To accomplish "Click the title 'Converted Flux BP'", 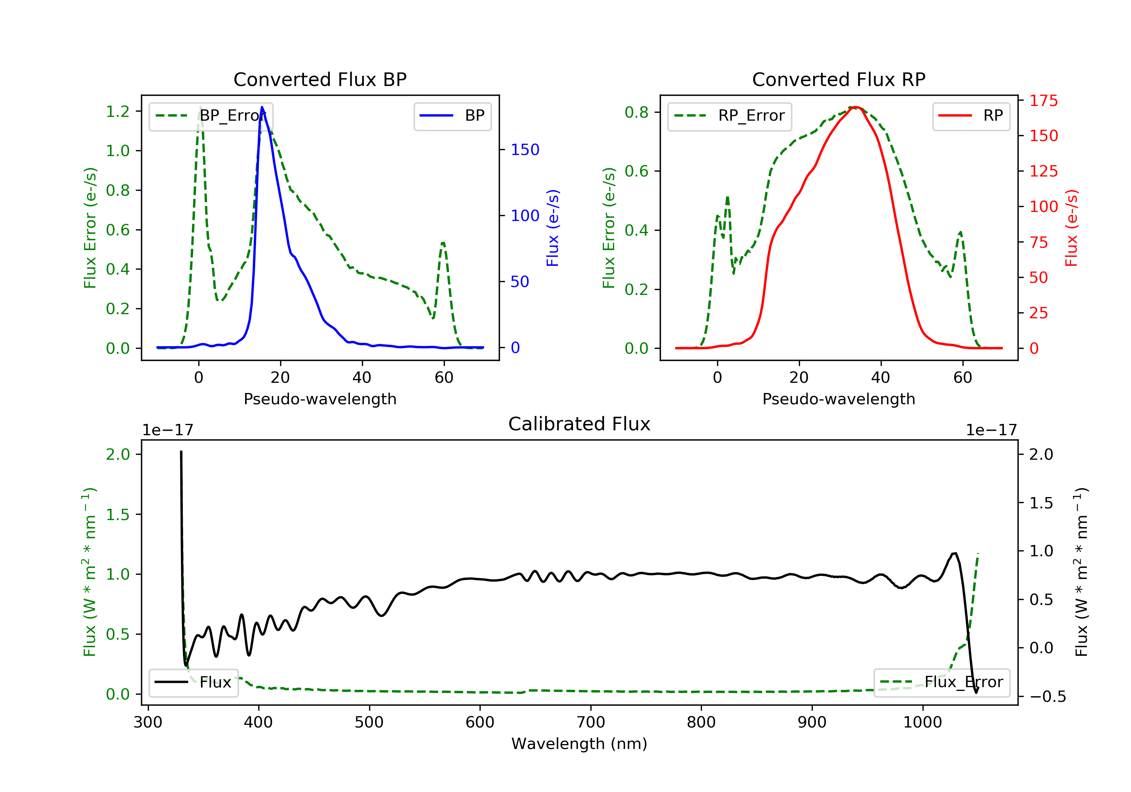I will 320,79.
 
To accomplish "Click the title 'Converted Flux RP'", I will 838,79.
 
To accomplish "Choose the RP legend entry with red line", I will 971,116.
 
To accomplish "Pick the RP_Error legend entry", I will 729,116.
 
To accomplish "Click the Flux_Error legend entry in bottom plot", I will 941,682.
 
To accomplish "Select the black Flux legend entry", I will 194,682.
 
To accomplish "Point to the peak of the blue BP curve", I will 262,107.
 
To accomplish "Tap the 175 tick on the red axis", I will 1043,101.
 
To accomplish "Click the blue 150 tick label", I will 525,149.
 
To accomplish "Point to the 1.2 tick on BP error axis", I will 118,111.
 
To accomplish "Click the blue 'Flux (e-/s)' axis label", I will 553,228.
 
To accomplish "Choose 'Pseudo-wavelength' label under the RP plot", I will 838,399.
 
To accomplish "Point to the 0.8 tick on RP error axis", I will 636,112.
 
